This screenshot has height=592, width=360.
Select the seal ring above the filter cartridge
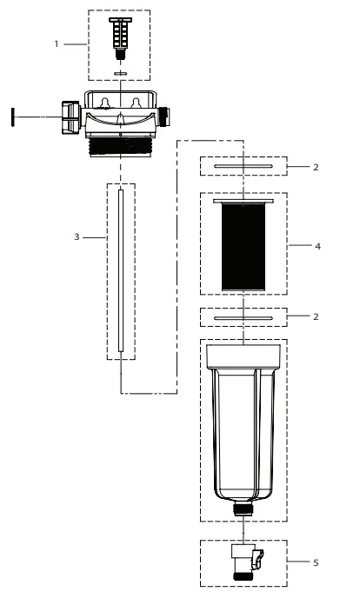[243, 165]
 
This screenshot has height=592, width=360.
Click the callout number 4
[318, 246]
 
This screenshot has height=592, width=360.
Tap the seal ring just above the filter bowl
[243, 319]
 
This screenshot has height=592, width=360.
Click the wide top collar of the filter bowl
[243, 354]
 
